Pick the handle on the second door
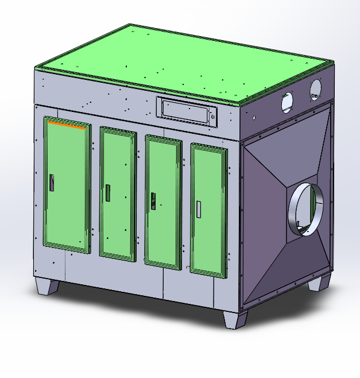coord(107,192)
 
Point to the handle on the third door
coord(153,200)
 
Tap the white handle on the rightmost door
coord(199,209)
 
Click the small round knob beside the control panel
coord(213,118)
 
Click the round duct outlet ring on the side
coord(306,209)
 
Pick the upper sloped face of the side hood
coord(287,144)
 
